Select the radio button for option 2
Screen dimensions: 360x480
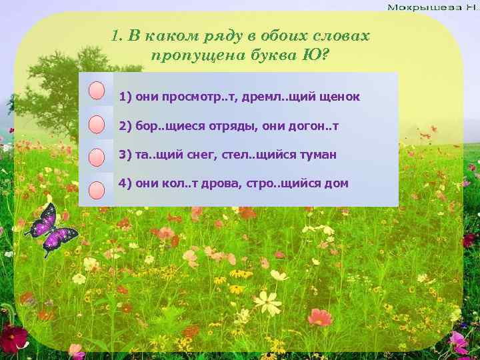point(97,125)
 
